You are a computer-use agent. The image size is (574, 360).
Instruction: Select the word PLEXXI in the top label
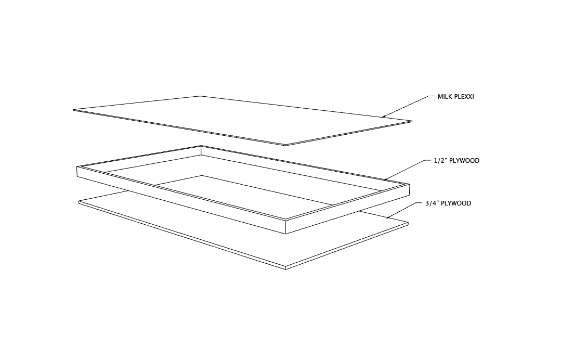point(464,97)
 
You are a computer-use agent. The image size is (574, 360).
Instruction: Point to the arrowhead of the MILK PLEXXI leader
point(383,117)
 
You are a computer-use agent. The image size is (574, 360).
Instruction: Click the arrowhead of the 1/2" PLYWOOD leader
point(385,180)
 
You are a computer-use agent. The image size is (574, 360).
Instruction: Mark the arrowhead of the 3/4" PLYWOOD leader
point(387,218)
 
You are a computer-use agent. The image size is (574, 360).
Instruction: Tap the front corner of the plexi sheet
point(285,145)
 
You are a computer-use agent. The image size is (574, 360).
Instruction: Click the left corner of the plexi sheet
point(73,110)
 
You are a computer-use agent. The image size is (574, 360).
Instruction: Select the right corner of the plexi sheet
point(412,122)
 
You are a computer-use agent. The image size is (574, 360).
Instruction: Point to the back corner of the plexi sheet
point(201,96)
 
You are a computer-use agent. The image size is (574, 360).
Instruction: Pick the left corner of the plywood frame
point(77,167)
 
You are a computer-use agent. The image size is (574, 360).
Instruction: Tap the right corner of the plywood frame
point(410,184)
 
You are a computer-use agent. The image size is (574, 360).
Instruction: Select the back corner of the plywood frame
point(201,146)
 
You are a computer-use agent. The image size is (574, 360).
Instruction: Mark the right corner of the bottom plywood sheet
point(408,223)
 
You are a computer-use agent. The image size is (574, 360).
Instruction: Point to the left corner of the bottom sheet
point(79,202)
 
